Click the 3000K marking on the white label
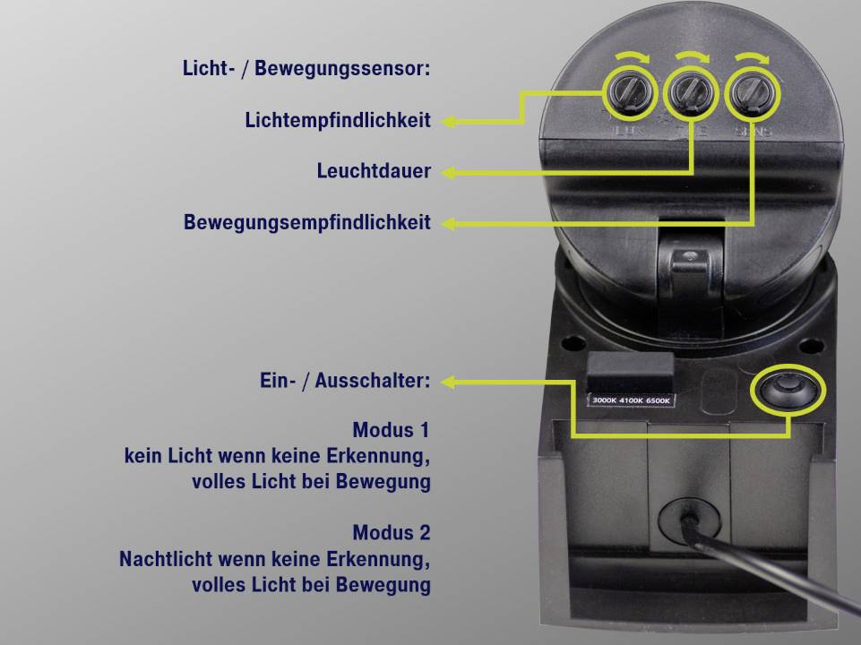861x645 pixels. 605,400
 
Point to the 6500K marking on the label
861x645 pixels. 658,400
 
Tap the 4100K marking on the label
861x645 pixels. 631,400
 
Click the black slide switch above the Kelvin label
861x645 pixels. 629,369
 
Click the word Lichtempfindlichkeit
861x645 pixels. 338,120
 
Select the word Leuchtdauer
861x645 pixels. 374,171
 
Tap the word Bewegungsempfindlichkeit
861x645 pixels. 307,222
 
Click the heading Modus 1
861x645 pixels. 392,430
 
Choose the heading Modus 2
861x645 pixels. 392,533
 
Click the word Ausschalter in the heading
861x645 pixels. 371,381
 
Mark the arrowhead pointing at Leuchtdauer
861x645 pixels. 448,171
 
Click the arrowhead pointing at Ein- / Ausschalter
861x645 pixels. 448,382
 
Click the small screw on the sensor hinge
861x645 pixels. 689,257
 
